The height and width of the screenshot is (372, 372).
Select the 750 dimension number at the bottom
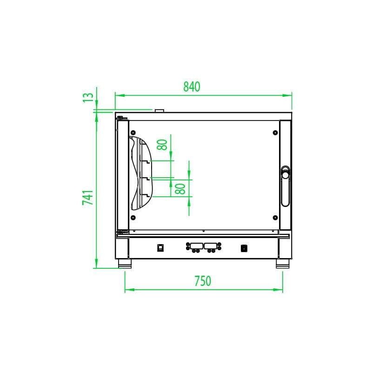click(x=203, y=281)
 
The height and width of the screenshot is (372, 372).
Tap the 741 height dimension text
click(x=88, y=197)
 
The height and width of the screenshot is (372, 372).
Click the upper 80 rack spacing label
click(x=162, y=144)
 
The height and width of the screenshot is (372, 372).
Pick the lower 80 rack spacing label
click(x=181, y=188)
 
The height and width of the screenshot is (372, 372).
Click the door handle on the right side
click(x=285, y=186)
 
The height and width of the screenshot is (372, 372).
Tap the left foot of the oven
click(x=125, y=265)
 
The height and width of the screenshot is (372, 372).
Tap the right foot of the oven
click(x=282, y=265)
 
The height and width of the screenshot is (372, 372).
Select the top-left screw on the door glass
click(x=133, y=132)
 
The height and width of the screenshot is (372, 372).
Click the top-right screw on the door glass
click(x=275, y=132)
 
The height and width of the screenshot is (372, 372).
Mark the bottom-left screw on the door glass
click(x=133, y=218)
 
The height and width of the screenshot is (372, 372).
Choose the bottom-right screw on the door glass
click(x=275, y=218)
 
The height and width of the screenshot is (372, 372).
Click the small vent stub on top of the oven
click(x=159, y=110)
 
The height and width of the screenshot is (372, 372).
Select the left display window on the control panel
click(x=196, y=245)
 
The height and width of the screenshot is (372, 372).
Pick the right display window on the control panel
click(x=211, y=245)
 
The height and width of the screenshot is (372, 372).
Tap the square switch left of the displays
click(x=161, y=247)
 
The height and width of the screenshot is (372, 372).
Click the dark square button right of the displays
click(x=243, y=247)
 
